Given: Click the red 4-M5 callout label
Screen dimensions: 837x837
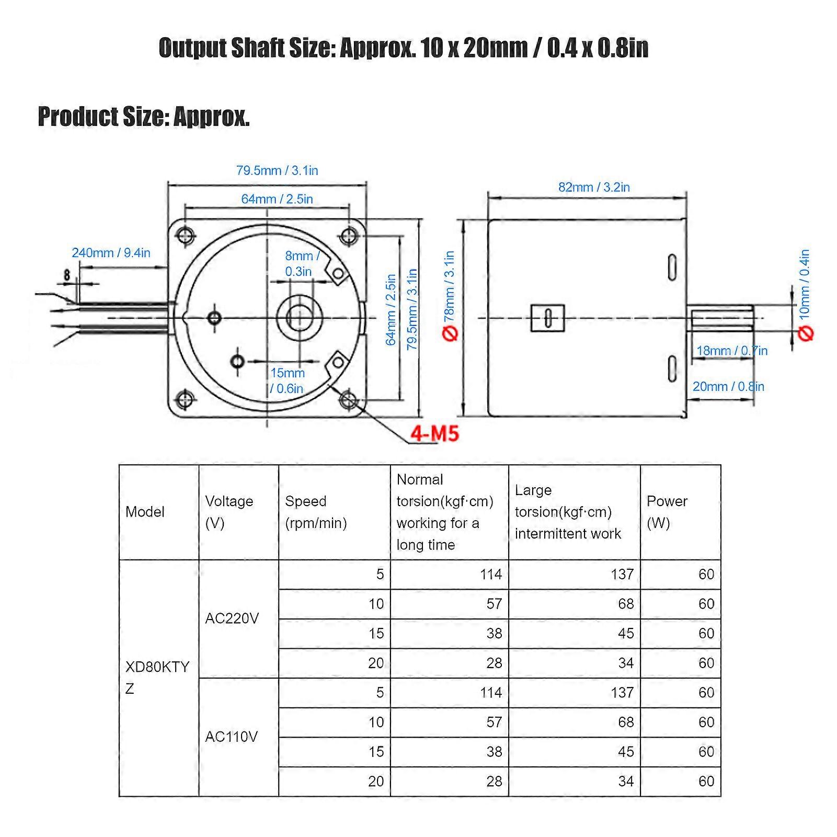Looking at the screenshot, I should (434, 433).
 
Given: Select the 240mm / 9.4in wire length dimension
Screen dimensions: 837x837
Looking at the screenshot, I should (111, 253).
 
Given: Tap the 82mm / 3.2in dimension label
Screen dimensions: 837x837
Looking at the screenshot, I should (594, 187).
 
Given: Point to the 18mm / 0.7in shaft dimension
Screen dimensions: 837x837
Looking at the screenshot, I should (732, 351).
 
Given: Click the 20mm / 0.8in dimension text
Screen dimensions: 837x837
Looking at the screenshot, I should (728, 387).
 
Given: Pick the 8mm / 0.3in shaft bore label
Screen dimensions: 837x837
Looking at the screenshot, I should (301, 263).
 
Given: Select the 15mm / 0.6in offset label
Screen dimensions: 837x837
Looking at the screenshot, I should (287, 381).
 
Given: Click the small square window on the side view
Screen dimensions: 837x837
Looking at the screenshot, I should (547, 318).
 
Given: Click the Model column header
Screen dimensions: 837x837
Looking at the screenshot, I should (145, 512).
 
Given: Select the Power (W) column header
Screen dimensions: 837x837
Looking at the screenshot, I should (667, 512).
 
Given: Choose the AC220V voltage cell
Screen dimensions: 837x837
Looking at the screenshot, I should (232, 618).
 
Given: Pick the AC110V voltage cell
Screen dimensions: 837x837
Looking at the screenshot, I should (232, 737).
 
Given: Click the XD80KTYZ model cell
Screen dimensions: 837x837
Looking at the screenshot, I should (157, 678).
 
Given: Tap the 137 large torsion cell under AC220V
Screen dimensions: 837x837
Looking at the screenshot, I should (622, 575).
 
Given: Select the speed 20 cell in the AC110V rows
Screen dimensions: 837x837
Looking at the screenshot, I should (376, 781).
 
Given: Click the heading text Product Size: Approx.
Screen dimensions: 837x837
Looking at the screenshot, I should (144, 117).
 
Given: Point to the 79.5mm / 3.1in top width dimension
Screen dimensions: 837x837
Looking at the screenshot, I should (277, 170).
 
